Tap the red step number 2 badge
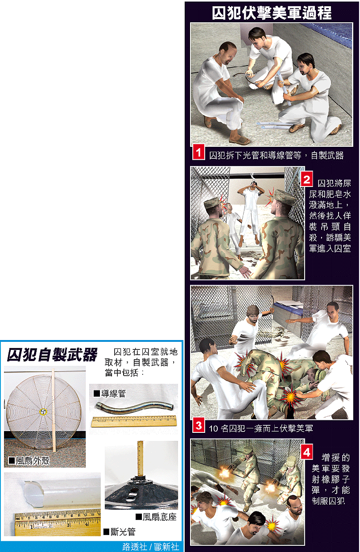(306, 179)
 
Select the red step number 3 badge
(199, 426)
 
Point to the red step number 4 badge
(306, 451)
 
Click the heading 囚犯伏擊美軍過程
(272, 12)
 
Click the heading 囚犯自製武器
(52, 355)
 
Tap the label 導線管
(110, 394)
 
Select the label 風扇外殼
(29, 460)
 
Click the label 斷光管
(120, 531)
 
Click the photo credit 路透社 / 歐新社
(151, 546)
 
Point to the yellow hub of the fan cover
(43, 411)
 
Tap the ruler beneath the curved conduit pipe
(134, 421)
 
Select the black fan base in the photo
(141, 492)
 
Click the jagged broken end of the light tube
(34, 492)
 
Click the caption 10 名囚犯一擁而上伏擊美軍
(261, 428)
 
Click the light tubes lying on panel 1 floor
(273, 126)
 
